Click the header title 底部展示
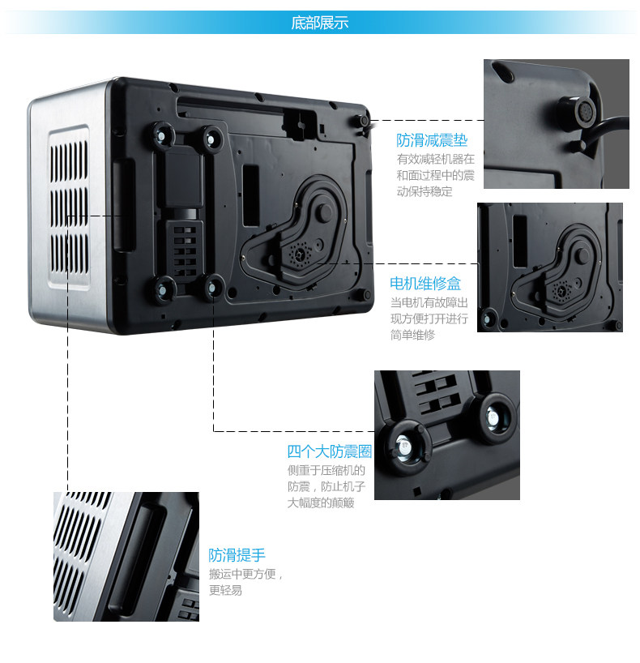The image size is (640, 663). pyautogui.click(x=319, y=23)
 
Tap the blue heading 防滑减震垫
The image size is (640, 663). pyautogui.click(x=432, y=140)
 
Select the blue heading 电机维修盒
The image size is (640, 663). pyautogui.click(x=425, y=283)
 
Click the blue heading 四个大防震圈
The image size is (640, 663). pyautogui.click(x=329, y=451)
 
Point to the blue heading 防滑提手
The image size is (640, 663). pyautogui.click(x=237, y=555)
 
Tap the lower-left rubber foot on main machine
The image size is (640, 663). pyautogui.click(x=166, y=287)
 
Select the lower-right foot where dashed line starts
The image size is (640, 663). pyautogui.click(x=214, y=284)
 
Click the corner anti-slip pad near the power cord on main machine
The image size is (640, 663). pyautogui.click(x=356, y=121)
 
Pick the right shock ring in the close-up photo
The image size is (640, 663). pyautogui.click(x=492, y=416)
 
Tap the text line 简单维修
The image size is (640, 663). pyautogui.click(x=412, y=334)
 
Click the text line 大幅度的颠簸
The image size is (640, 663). pyautogui.click(x=321, y=503)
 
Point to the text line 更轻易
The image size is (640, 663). pyautogui.click(x=225, y=591)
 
